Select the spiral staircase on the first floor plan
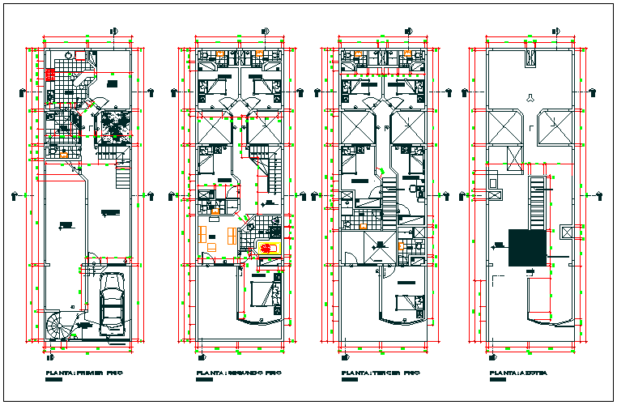[60, 327]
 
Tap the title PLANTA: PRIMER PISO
[83, 375]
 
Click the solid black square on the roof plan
[526, 249]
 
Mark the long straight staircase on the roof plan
[536, 202]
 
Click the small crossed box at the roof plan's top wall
[532, 58]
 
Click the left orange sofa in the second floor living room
[202, 235]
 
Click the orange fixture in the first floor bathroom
[65, 151]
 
